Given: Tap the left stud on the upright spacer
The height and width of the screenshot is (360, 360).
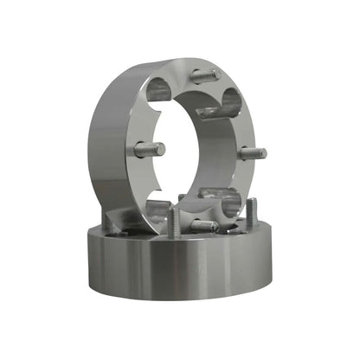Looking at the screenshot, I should click(x=149, y=149).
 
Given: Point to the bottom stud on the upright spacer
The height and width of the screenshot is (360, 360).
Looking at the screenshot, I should click(x=204, y=226).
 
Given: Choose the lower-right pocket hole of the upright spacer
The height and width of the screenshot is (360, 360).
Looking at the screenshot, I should click(x=227, y=205).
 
